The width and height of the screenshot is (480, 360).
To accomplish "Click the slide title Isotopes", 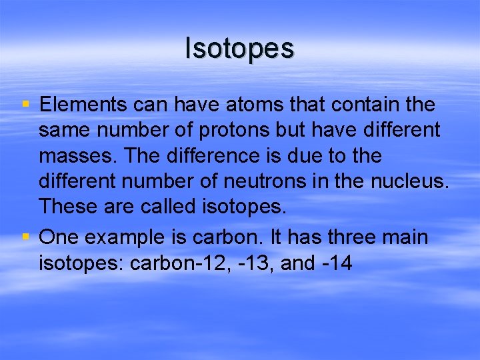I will pyautogui.click(x=239, y=49).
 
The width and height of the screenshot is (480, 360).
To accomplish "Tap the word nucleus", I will pyautogui.click(x=410, y=181).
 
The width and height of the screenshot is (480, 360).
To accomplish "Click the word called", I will pyautogui.click(x=169, y=206).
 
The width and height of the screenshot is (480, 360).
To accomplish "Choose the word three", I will pyautogui.click(x=336, y=238).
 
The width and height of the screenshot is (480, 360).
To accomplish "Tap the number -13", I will pyautogui.click(x=255, y=263).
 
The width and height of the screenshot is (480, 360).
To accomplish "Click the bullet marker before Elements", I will pyautogui.click(x=25, y=105).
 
